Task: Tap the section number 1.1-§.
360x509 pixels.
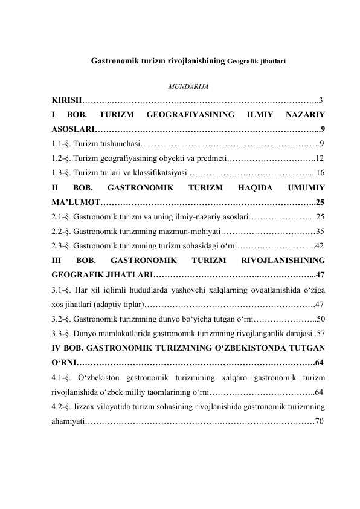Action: click(63, 143)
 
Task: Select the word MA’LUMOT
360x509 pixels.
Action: click(75, 202)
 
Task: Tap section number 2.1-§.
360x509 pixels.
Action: click(63, 216)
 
